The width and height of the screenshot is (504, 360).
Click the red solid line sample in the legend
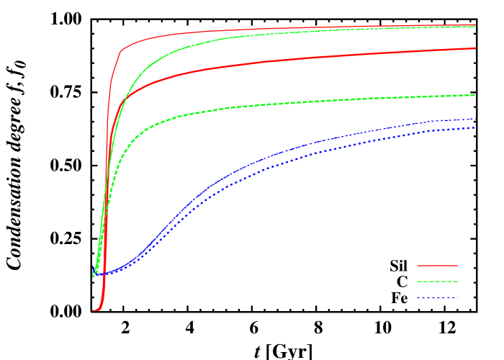coord(437,266)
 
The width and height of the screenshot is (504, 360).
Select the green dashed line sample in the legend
coord(437,282)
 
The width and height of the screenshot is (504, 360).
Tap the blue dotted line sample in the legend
coord(437,297)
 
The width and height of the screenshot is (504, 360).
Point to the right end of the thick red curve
coord(475,48)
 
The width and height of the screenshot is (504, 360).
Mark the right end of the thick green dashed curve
coord(475,95)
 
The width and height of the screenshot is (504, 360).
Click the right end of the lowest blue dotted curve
coord(475,127)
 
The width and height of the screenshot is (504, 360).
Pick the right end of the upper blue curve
coord(475,119)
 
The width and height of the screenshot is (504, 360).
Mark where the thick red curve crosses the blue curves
coord(102,273)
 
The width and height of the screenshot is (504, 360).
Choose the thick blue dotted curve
coord(288,160)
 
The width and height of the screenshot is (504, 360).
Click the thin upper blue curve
coord(288,150)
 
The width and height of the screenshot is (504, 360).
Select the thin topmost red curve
coord(216,30)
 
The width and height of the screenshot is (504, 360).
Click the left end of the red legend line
coord(418,266)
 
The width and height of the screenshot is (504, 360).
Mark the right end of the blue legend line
coord(456,297)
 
